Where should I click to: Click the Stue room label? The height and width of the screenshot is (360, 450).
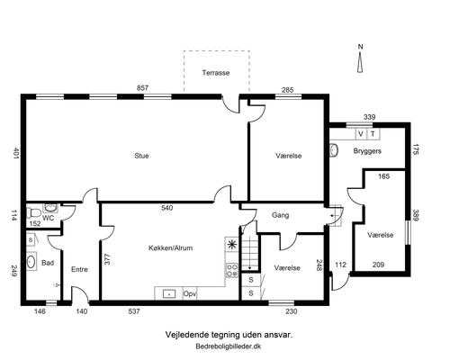pyautogui.click(x=141, y=156)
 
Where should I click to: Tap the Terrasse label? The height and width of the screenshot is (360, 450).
pyautogui.click(x=216, y=73)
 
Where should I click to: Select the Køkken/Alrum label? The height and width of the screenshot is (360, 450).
pyautogui.click(x=171, y=247)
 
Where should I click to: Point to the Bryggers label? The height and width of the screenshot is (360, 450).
pyautogui.click(x=367, y=151)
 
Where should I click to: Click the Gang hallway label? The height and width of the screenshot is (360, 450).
pyautogui.click(x=281, y=215)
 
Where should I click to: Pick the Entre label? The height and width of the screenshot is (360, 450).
pyautogui.click(x=79, y=269)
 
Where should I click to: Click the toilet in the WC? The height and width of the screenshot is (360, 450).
pyautogui.click(x=33, y=213)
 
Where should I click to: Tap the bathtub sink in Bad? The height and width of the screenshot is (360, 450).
pyautogui.click(x=31, y=262)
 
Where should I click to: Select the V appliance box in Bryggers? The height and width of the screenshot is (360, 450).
pyautogui.click(x=361, y=134)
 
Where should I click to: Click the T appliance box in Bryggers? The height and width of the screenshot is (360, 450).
pyautogui.click(x=373, y=134)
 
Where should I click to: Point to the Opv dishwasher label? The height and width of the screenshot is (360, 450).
pyautogui.click(x=190, y=293)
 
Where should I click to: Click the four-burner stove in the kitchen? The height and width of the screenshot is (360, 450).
pyautogui.click(x=231, y=271)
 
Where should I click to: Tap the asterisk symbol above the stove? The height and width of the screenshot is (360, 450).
pyautogui.click(x=231, y=245)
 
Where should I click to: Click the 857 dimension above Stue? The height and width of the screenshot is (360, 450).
pyautogui.click(x=142, y=88)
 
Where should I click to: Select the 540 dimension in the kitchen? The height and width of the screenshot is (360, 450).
pyautogui.click(x=166, y=208)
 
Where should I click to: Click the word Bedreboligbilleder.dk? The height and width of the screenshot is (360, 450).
pyautogui.click(x=229, y=346)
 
